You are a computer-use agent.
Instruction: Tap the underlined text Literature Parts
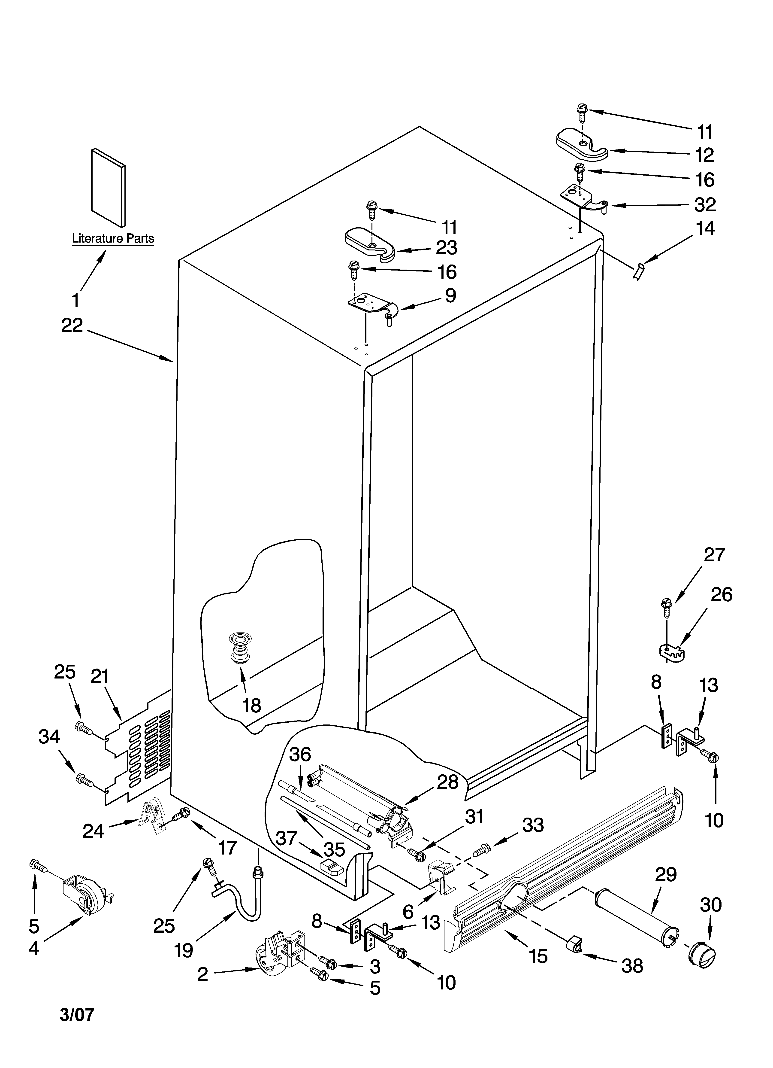pos(113,239)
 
